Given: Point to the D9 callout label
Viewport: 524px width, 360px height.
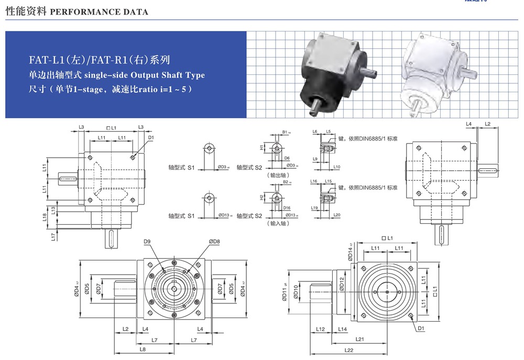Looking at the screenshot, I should point(147,242).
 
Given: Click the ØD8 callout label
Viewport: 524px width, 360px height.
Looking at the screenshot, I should point(214,242).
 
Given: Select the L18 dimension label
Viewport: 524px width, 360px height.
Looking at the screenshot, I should point(45,216).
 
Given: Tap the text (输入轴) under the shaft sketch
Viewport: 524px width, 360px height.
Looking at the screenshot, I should point(276,224).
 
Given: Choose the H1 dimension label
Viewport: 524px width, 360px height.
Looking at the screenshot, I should point(262,148).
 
